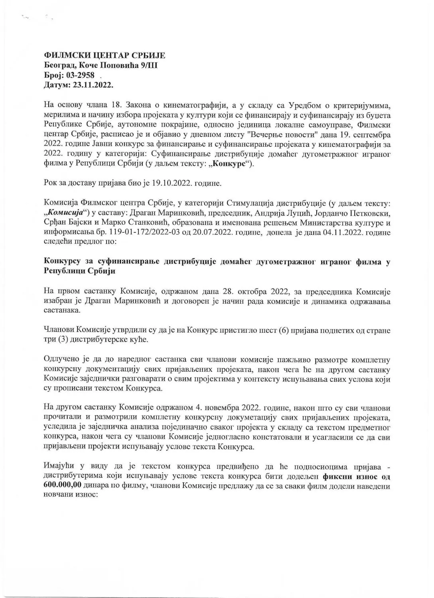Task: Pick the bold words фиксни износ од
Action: tap(356, 477)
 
